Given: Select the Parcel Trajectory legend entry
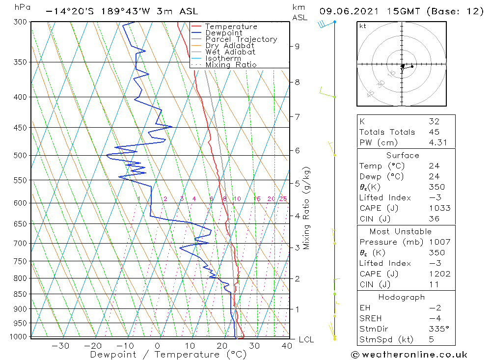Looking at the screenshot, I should coord(241,39).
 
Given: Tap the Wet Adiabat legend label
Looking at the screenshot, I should coord(230,52).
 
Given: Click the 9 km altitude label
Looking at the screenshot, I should coord(297,46).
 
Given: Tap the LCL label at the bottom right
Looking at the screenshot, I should coord(306,340).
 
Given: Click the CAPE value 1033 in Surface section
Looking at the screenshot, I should coord(439,208).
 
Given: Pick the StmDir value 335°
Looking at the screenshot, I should coord(437,329).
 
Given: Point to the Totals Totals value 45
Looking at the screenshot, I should coord(434,132).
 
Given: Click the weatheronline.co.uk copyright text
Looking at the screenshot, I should coord(409,355).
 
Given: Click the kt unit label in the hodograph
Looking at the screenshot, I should coord(362,26).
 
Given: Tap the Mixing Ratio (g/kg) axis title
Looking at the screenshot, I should coord(307,208).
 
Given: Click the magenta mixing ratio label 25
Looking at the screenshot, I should coord(283,199).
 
